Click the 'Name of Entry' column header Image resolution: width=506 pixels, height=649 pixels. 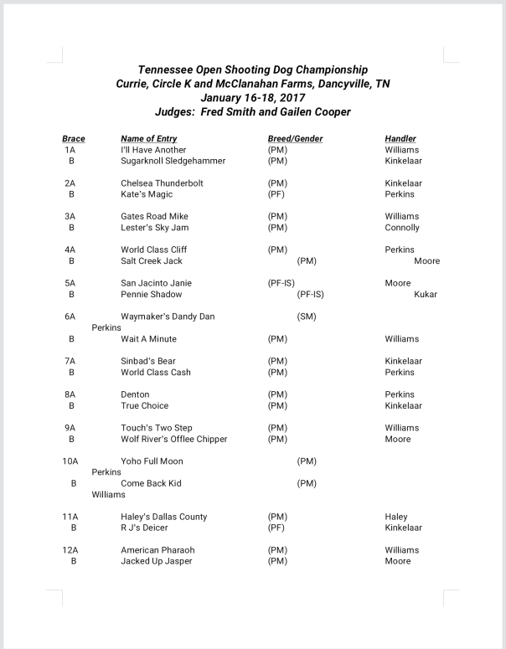coord(150,138)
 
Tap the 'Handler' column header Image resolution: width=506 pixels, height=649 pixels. coord(400,138)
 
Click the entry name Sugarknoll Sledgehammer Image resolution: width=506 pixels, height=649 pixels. coord(173,161)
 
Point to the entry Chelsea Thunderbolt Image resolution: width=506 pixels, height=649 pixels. coord(162,183)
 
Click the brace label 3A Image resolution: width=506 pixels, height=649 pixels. coord(70,216)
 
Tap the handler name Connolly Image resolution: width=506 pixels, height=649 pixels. coord(402,228)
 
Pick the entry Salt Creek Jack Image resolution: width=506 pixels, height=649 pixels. coord(152,261)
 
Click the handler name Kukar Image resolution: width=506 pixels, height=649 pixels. coord(426,295)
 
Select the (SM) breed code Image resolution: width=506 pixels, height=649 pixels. coord(307,317)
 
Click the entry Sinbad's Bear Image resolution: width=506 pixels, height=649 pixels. coord(148,361)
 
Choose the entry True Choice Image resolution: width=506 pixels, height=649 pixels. coord(144,406)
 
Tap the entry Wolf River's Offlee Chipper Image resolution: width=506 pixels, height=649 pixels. coord(173,439)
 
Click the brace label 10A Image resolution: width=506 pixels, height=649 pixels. coord(70,461)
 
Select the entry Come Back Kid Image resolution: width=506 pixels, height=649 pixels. coord(151,483)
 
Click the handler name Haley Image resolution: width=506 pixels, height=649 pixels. coord(396,517)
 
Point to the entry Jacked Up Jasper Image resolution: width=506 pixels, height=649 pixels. coord(157,561)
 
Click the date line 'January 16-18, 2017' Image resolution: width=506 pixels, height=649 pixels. coord(252,97)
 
